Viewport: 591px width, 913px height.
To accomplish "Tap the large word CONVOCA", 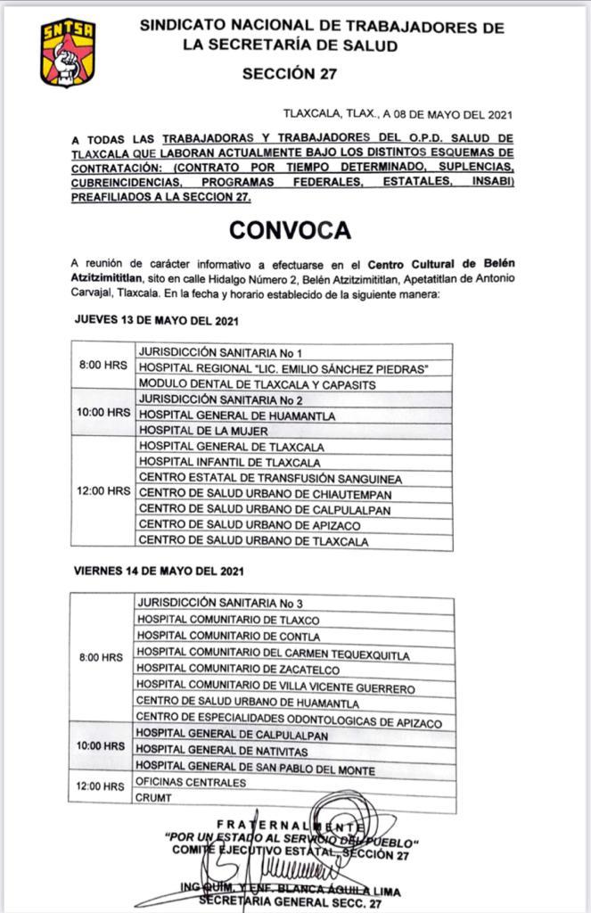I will tap(289, 229).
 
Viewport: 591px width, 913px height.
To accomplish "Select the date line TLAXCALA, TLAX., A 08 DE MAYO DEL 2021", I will tap(397, 114).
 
